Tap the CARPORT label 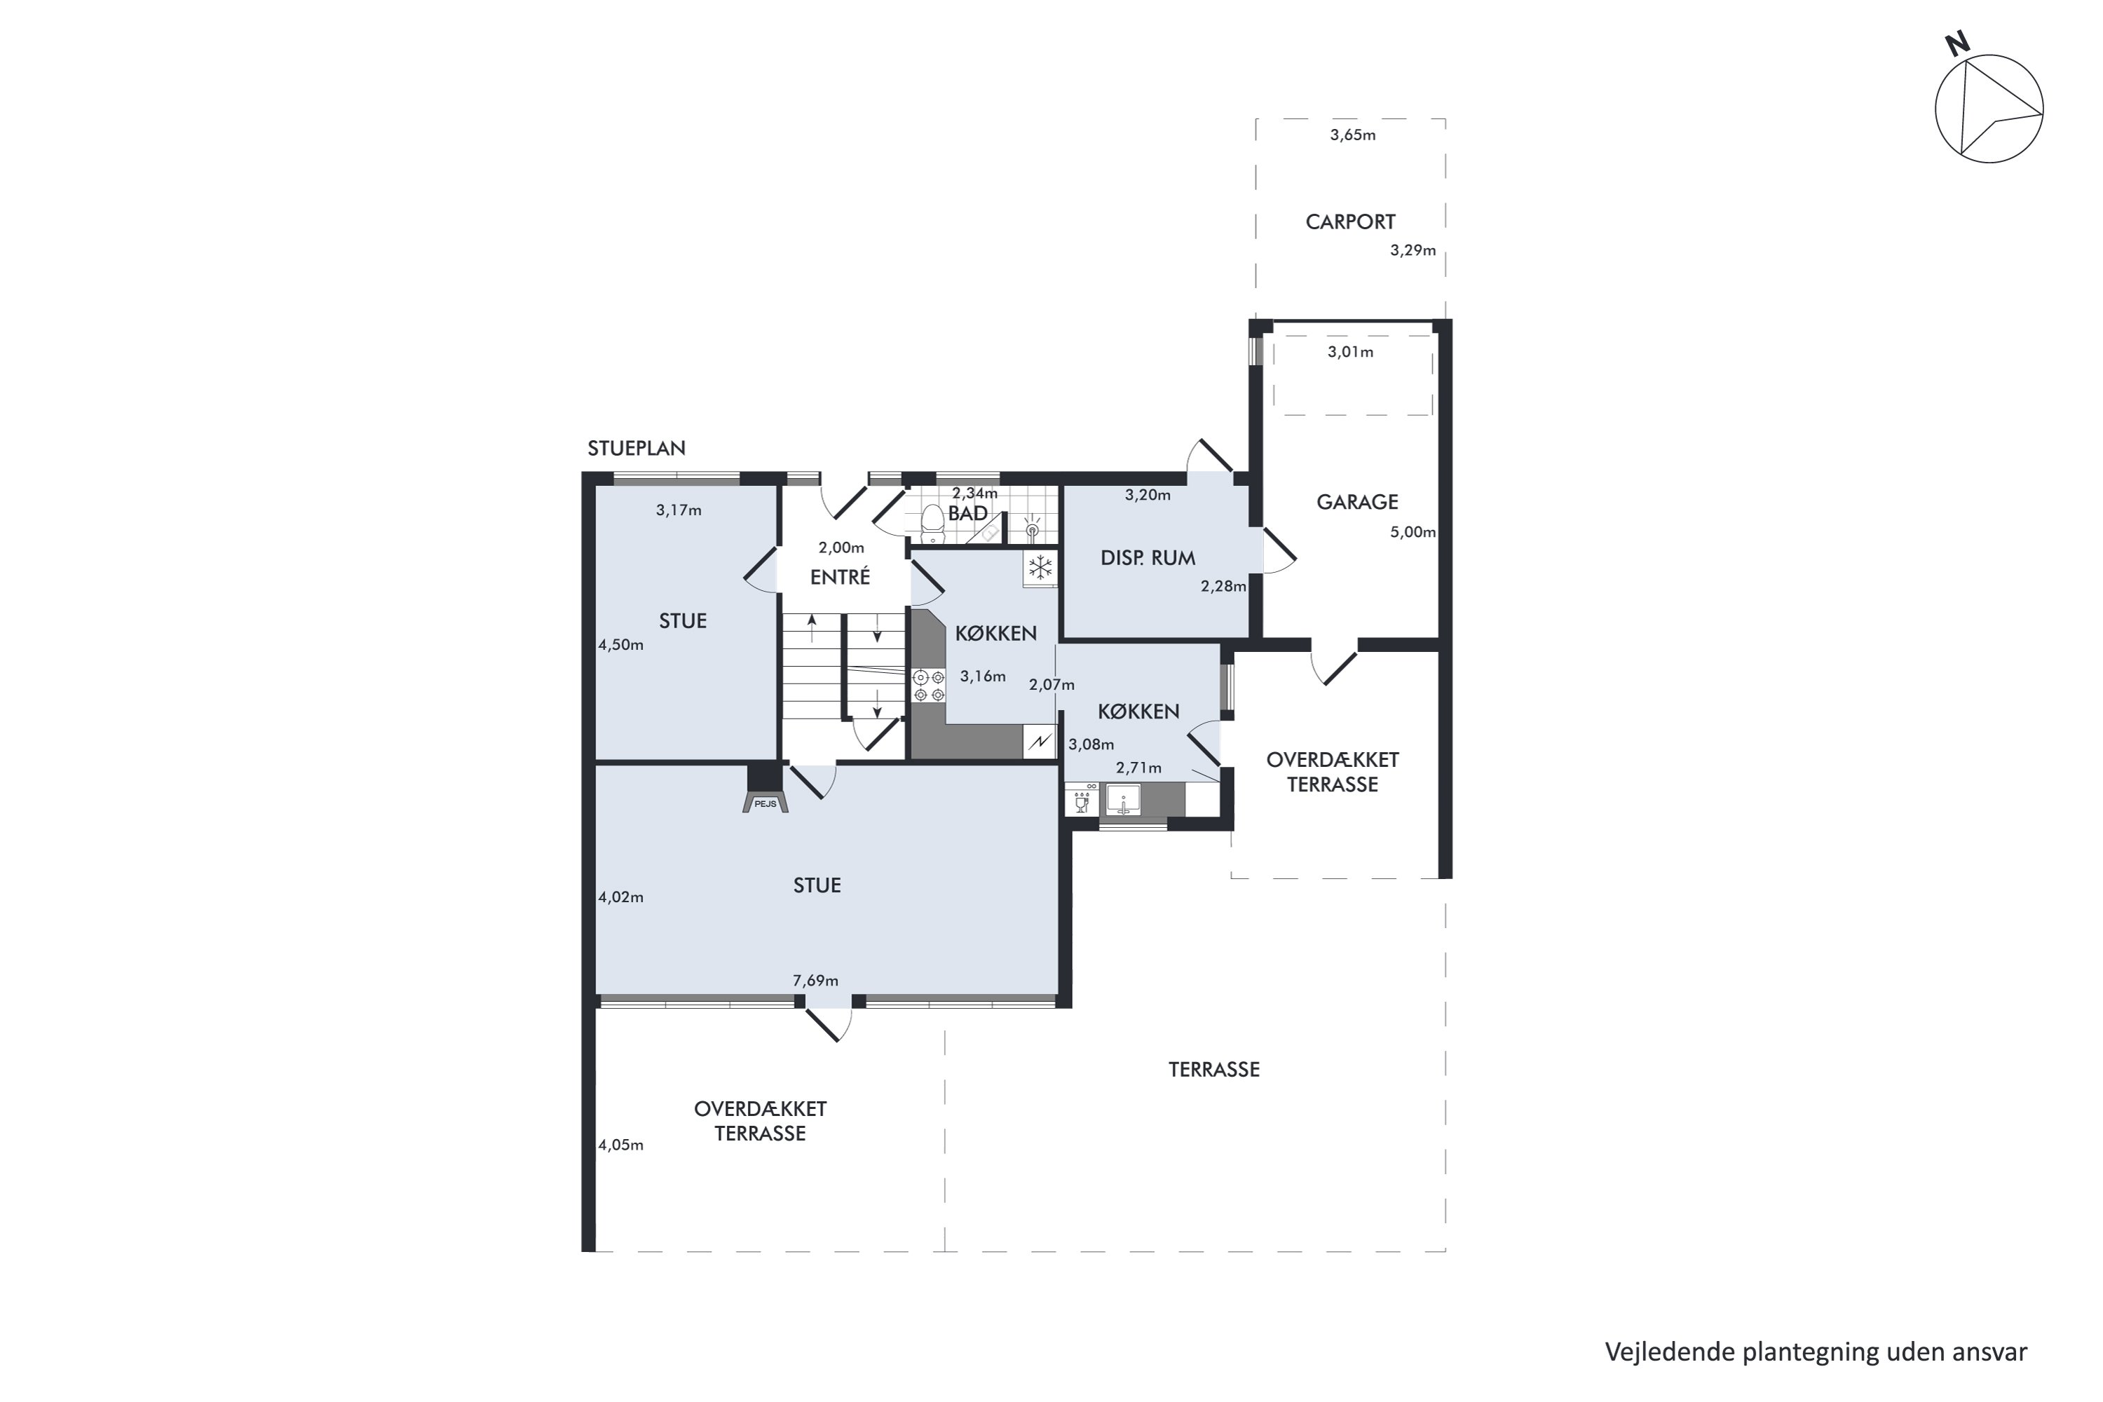pos(1350,222)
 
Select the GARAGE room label pos(1357,503)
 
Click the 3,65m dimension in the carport pos(1353,136)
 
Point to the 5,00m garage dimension pos(1413,532)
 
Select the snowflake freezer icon pos(1040,568)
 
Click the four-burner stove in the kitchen pos(929,686)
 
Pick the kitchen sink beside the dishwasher pos(1123,799)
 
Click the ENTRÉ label pos(840,578)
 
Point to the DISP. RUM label pos(1148,559)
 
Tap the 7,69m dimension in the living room pos(815,981)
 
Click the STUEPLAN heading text pos(637,449)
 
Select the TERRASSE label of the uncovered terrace pos(1214,1070)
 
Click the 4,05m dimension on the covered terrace pos(620,1145)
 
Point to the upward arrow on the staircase pos(812,627)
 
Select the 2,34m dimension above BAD pos(974,494)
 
